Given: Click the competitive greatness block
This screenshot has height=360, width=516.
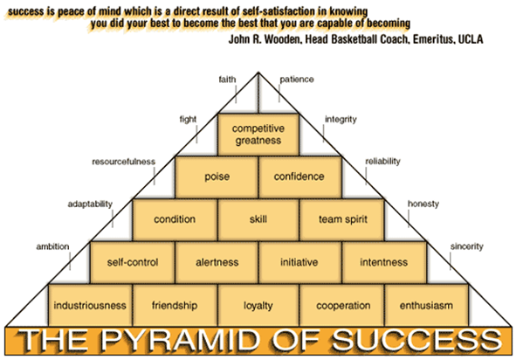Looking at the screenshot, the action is [258, 135].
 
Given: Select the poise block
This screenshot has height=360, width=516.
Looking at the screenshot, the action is [217, 177].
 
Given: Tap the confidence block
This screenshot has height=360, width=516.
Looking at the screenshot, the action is [300, 177].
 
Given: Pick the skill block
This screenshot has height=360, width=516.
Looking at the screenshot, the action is [258, 219].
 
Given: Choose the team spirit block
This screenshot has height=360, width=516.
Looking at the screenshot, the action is [342, 219].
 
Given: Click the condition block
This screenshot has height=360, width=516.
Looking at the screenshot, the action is [175, 219].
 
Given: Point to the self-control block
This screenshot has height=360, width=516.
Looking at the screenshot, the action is [133, 262].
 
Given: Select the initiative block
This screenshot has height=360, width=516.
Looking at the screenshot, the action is [299, 262].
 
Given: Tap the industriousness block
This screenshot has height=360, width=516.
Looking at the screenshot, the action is [90, 305].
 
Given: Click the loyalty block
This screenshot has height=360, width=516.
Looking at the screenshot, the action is [258, 305].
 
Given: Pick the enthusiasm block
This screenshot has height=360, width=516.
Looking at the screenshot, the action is [426, 305].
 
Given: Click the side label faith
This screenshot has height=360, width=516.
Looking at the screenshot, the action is [227, 80].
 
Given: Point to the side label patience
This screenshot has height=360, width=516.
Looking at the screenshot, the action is [297, 80].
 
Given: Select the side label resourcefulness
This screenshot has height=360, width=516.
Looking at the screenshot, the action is [123, 162].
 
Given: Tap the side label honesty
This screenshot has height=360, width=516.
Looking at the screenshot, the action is [423, 204].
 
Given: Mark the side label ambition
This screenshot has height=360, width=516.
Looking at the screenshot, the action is [52, 246].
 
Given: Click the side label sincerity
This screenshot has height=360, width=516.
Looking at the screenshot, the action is [466, 246].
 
